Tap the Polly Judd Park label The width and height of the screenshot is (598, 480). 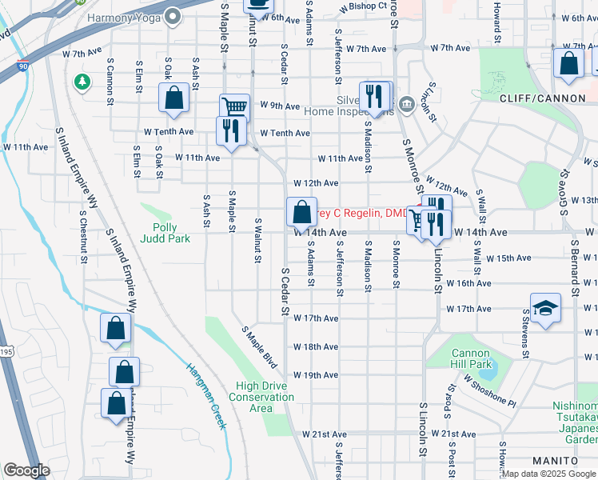pyautogui.click(x=165, y=232)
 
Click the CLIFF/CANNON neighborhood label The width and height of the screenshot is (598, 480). pyautogui.click(x=536, y=98)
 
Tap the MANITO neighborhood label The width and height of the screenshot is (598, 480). pyautogui.click(x=554, y=461)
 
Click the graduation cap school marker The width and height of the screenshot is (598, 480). pyautogui.click(x=545, y=309)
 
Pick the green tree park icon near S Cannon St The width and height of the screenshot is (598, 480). pyautogui.click(x=82, y=82)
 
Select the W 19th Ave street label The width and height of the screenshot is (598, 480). pyautogui.click(x=317, y=375)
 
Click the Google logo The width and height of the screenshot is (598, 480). pyautogui.click(x=26, y=470)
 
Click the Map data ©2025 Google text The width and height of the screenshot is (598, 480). pyautogui.click(x=548, y=474)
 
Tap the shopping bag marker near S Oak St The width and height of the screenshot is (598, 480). pyautogui.click(x=174, y=99)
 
